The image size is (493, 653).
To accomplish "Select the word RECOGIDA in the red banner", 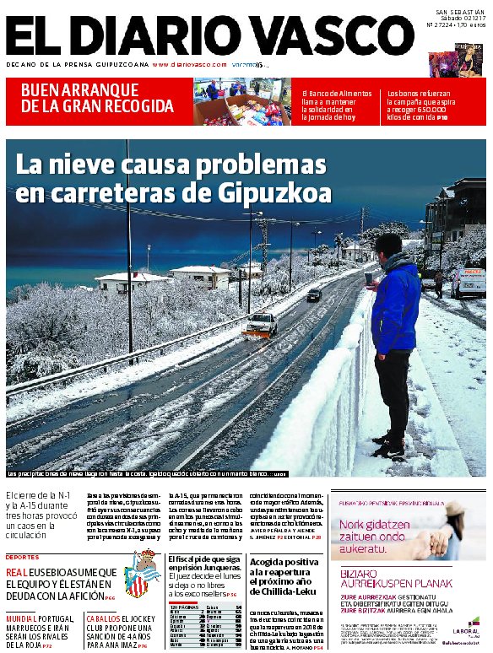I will pyautogui.click(x=140, y=106).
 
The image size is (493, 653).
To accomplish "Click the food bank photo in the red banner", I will pyautogui.click(x=242, y=101).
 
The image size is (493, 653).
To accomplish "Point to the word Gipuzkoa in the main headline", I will pyautogui.click(x=274, y=192).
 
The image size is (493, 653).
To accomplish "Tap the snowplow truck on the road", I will pyautogui.click(x=260, y=325).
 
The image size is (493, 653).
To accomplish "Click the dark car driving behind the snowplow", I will pyautogui.click(x=314, y=294).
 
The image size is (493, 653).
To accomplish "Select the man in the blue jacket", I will pyautogui.click(x=393, y=337).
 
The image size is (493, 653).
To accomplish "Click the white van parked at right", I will pyautogui.click(x=469, y=283).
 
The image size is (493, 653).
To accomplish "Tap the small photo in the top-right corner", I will pyautogui.click(x=456, y=59).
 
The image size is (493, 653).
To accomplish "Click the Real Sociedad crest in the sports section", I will pyautogui.click(x=142, y=575).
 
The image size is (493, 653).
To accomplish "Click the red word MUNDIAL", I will pyautogui.click(x=24, y=618).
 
